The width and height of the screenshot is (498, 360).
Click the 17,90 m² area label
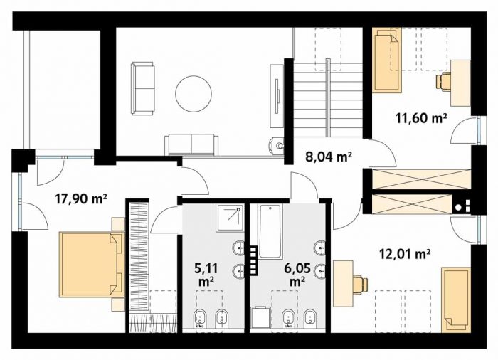coord(80,199)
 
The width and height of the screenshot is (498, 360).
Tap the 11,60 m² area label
coord(421,118)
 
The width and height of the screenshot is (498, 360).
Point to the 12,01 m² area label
coord(405,254)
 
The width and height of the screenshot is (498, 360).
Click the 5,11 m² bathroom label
coord(206,275)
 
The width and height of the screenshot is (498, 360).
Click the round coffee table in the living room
coord(194,93)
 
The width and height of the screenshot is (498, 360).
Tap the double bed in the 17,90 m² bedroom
coord(92,265)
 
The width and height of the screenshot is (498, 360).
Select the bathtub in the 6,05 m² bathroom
coord(270,231)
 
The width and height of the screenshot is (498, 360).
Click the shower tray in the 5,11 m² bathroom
coord(230,218)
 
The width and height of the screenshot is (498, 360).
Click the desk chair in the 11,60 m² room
coord(443,81)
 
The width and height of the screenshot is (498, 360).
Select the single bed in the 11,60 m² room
coord(387,60)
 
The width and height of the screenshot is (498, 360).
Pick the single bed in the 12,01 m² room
coord(456,300)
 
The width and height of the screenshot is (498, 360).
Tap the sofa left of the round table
coord(142,88)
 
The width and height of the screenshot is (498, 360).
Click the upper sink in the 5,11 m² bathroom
coord(239,248)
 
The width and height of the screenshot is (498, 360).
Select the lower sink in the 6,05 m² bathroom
coord(320,272)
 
